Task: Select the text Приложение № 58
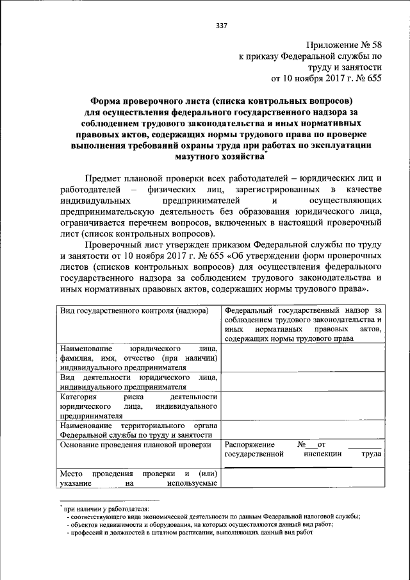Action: point(344,45)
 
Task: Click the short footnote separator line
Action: point(110,499)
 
